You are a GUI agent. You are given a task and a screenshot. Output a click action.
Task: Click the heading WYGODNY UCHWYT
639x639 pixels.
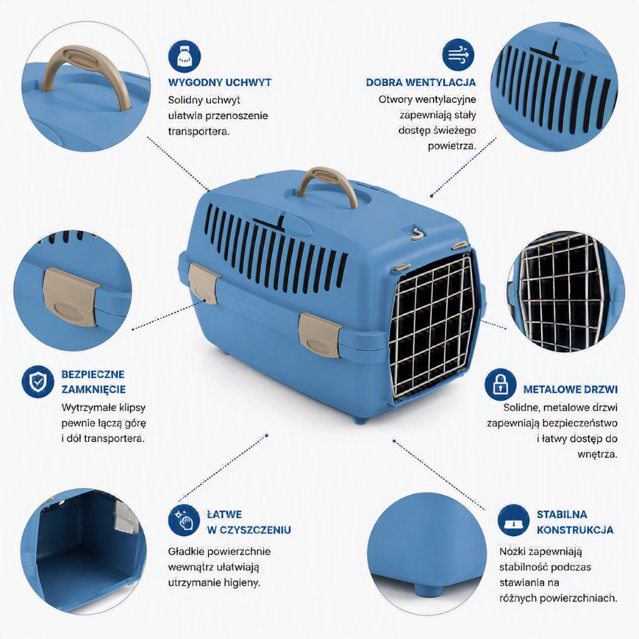(220, 82)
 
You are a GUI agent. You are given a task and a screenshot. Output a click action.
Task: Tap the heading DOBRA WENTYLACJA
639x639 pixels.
(421, 82)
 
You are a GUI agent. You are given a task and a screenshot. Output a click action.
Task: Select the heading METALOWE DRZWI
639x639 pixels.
(570, 389)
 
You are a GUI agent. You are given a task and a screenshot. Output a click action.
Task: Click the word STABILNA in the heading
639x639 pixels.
(562, 514)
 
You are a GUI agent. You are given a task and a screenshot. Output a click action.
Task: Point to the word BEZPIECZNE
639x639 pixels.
(93, 374)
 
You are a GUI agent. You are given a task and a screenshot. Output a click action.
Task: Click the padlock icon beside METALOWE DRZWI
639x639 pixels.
(500, 384)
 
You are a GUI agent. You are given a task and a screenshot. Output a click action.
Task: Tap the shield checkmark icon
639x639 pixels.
(37, 381)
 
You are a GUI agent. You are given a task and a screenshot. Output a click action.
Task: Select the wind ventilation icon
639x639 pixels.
(457, 55)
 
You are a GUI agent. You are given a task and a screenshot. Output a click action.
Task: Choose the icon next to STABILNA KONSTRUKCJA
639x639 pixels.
(513, 520)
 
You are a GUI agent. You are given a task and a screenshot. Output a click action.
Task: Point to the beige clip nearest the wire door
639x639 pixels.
(321, 335)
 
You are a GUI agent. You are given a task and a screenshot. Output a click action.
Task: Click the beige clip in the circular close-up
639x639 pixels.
(69, 296)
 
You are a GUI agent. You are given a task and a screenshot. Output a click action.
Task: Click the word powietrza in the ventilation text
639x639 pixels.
(452, 146)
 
